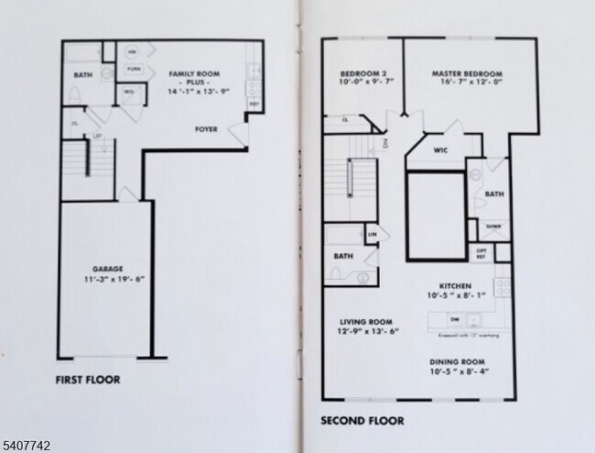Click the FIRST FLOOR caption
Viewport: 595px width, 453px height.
88,379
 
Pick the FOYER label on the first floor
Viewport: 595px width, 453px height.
206,129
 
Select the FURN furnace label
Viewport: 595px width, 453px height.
134,69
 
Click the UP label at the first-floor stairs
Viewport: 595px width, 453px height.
98,136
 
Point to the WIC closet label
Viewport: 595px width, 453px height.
439,149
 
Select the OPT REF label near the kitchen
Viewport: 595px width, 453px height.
481,252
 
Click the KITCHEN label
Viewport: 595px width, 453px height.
455,286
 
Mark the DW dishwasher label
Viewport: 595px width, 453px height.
454,319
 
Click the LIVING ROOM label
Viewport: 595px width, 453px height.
366,322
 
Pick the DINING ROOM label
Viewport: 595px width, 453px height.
458,361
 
